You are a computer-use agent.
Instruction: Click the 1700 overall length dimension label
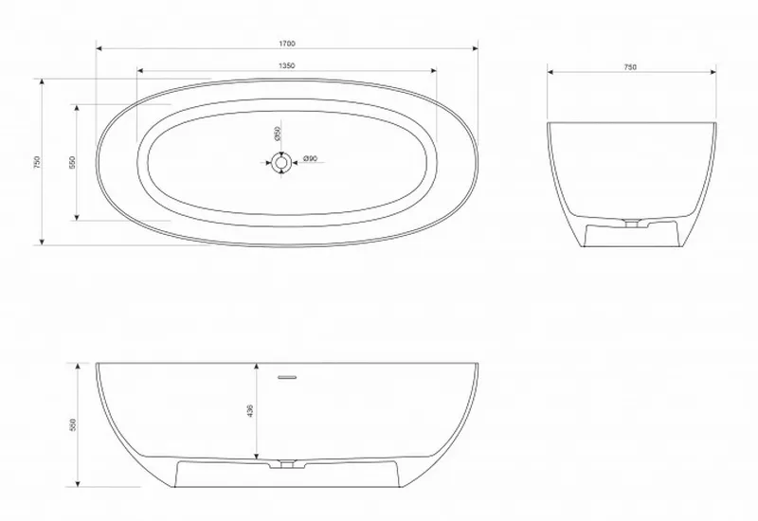(x=287, y=44)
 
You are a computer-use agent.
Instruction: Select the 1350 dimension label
(x=287, y=65)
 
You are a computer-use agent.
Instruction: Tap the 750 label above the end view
(x=630, y=67)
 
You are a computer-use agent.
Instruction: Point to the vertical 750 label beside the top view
(x=38, y=162)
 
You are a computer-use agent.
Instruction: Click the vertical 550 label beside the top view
(x=73, y=162)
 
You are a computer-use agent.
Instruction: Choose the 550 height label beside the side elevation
(x=74, y=424)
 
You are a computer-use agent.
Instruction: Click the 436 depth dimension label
(x=250, y=411)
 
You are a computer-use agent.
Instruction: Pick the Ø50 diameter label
(x=277, y=134)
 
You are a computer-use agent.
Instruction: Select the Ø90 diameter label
(x=310, y=158)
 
